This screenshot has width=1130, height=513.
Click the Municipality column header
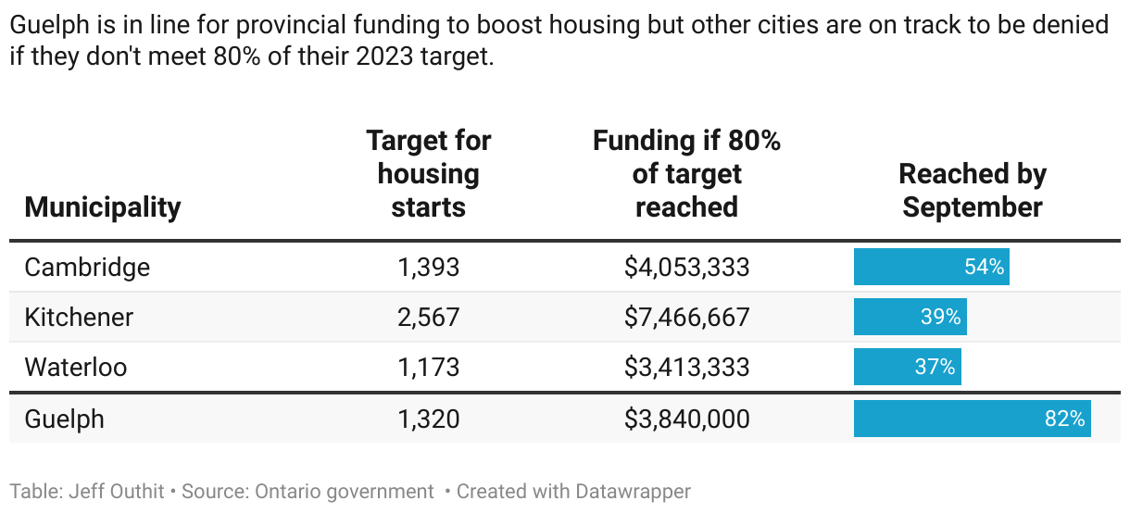coord(102,206)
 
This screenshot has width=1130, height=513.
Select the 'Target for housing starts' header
coord(428,174)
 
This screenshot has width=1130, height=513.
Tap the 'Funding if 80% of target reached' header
coord(686,174)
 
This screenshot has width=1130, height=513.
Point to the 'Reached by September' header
coord(972,190)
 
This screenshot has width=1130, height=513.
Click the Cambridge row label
coord(87,268)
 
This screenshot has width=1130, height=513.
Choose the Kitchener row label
coord(79,318)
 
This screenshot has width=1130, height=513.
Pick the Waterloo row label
coord(75,368)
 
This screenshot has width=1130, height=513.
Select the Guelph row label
coord(64,419)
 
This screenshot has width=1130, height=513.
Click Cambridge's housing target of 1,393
coord(428,268)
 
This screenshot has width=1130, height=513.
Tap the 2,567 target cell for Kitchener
coord(428,318)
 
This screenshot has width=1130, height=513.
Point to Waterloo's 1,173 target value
coord(428,368)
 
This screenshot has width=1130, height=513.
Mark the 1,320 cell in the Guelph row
coord(428,419)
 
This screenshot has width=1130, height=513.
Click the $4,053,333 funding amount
coord(686,268)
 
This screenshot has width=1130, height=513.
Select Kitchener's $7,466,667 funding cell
coord(686,318)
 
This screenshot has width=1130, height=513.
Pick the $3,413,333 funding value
coord(686,368)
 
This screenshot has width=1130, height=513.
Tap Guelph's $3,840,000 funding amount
coord(686,419)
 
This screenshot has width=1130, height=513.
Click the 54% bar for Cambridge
coord(931,268)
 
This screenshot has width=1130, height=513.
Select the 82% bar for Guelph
coord(972,419)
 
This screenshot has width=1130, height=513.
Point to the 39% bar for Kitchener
coord(910,318)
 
